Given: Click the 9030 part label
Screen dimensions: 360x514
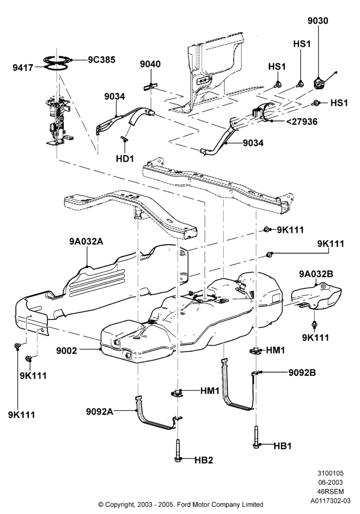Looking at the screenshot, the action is point(318,21).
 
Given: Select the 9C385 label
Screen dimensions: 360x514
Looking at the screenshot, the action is point(101,60).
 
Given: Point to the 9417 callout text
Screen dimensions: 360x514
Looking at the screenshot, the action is point(23,68).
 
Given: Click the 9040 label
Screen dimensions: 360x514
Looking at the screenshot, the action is point(151,64).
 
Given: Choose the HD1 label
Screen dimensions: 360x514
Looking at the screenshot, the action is point(125,159).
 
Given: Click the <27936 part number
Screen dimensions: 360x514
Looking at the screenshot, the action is point(302,122).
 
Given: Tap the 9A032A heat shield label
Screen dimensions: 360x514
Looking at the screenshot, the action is point(86,242).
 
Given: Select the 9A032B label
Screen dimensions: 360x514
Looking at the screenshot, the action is point(316,274).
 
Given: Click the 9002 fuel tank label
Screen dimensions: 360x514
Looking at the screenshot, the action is point(66,351).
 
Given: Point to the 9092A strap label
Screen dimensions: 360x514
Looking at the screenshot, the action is point(100,411).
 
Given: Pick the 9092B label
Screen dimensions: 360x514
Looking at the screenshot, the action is point(302,373).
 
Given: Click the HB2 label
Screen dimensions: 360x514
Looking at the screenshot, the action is point(204,460).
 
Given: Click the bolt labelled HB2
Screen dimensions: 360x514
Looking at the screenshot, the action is point(177,451).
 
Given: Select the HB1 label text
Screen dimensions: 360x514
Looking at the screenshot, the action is point(282,446).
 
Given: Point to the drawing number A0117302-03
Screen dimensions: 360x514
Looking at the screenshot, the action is point(331,501).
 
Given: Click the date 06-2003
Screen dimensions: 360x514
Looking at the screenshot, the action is point(331,482).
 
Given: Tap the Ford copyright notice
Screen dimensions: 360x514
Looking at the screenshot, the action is point(181,505).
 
